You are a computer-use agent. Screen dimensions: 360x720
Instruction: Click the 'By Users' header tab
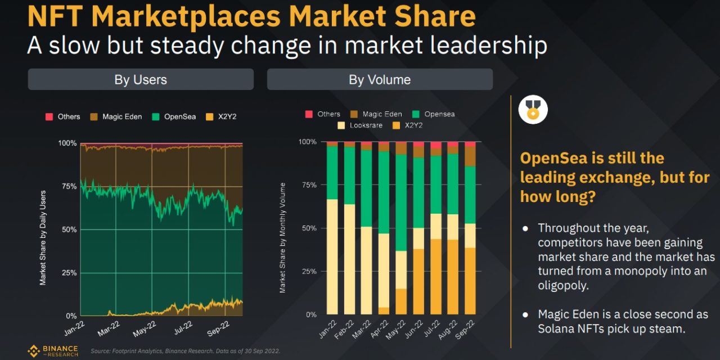tap(141, 80)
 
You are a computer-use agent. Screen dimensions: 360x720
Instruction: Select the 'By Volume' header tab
tap(380, 80)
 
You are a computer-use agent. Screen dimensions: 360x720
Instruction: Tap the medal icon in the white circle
tap(532, 110)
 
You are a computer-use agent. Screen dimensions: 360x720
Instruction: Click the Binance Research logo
tap(53, 351)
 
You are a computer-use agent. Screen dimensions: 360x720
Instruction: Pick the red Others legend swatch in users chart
tap(49, 117)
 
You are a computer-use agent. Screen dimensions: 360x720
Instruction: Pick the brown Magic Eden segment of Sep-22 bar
tap(470, 156)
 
